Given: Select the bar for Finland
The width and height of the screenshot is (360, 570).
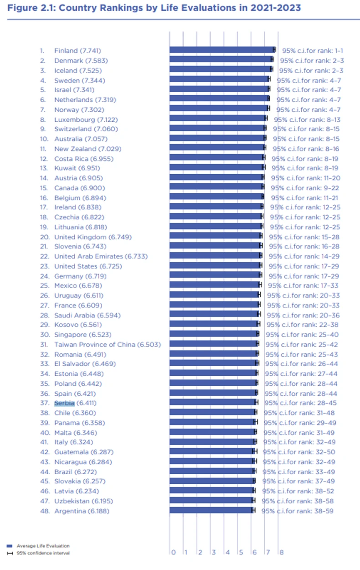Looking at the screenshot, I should coord(222,50).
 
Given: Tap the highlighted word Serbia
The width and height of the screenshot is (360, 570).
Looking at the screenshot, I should coord(64,403).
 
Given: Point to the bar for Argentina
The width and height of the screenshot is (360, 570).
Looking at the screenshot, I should coord(211,510).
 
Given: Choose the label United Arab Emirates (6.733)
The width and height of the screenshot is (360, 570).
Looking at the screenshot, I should coord(101,256).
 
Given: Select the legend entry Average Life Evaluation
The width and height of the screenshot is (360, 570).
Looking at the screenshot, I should coord(43,545).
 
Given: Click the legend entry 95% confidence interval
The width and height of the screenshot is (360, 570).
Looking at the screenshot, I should coord(43,553).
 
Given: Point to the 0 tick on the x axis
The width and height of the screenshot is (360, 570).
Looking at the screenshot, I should coord(173,552).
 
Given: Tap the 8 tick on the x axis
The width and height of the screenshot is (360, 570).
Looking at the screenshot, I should coord(281,552).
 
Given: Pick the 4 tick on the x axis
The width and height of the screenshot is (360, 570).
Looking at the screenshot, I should coord(227,552).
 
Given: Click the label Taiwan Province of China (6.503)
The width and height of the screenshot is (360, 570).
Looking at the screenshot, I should coord(107,344).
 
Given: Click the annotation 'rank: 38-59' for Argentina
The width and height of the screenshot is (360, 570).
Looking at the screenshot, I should coord(318,511).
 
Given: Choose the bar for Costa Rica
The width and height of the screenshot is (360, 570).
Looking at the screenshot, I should coord(216,158).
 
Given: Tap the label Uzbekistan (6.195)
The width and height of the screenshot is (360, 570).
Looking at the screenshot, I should coord(83,501).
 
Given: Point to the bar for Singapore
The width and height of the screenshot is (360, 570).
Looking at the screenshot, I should coord(213,334).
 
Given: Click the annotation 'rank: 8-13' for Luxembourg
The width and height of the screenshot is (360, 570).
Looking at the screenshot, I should coord(322,119).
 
